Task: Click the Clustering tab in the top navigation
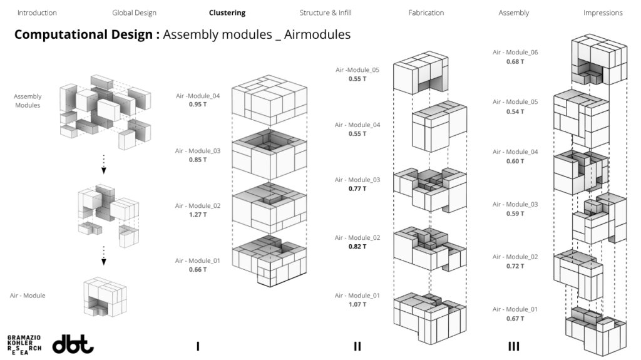tap(227, 13)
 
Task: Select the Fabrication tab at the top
tap(426, 13)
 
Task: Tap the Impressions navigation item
tap(603, 13)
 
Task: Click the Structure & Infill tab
tap(326, 13)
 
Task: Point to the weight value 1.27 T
tap(198, 215)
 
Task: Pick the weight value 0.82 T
tap(357, 247)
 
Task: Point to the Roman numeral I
tap(198, 346)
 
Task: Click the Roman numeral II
tap(357, 346)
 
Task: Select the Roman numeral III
tap(514, 346)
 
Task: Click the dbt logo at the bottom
tap(73, 344)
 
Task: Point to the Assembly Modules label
tap(28, 101)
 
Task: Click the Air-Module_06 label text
tap(515, 53)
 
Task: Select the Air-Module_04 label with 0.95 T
tap(198, 96)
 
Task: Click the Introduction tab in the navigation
tap(37, 13)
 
